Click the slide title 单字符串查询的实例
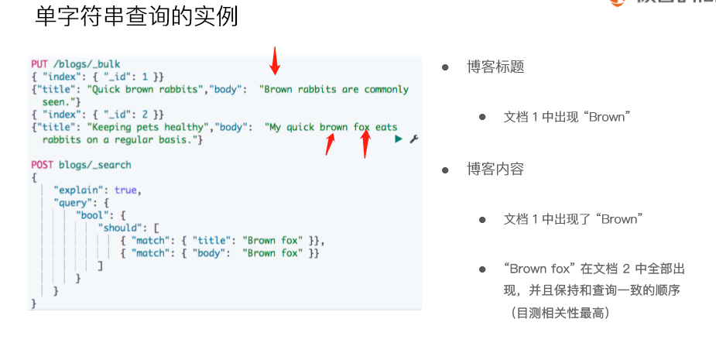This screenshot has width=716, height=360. click(x=136, y=16)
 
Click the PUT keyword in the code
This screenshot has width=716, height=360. click(x=39, y=63)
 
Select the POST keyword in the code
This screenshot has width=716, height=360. click(x=43, y=165)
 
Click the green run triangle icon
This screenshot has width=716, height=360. click(x=399, y=139)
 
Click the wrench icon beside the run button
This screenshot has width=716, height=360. click(x=413, y=139)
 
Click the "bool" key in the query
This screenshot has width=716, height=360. click(x=91, y=215)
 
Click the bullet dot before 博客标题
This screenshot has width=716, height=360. click(x=445, y=67)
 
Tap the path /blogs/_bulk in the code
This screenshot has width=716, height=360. click(x=87, y=63)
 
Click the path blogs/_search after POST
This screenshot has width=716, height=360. click(x=95, y=165)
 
